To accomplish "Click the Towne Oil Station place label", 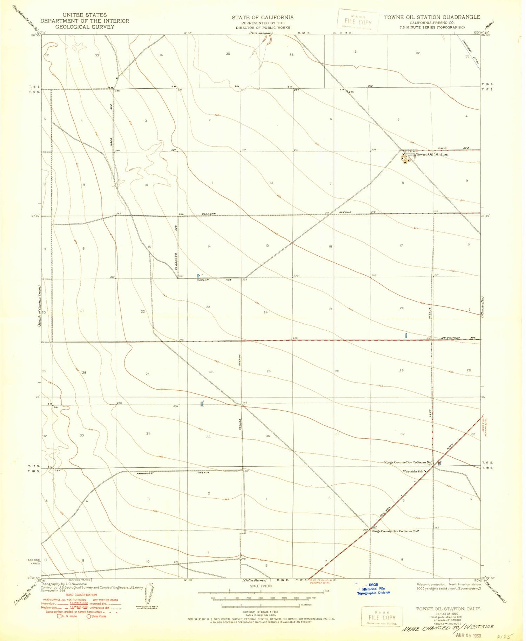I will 432,154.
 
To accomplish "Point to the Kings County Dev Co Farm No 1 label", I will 409,463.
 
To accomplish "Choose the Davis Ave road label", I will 456,148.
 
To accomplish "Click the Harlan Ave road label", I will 209,280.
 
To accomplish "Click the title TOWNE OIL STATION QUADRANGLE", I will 432,17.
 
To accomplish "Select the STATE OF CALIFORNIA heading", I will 262,17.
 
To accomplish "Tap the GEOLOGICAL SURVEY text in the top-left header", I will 85,27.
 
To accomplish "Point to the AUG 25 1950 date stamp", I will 468,635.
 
